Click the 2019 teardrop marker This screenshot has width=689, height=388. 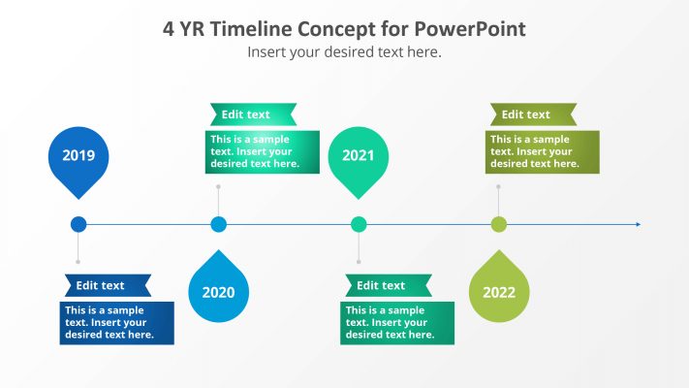[78, 156]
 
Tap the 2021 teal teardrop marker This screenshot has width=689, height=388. [359, 156]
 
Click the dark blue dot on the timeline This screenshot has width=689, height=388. [78, 224]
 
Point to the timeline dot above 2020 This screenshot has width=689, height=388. [219, 224]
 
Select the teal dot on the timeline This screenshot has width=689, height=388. [359, 224]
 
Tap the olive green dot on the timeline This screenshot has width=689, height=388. [499, 224]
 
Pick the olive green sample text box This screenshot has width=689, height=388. [542, 151]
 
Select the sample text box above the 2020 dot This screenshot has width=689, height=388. [262, 151]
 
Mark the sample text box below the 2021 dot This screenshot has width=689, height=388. [397, 323]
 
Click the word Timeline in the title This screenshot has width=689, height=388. [260, 29]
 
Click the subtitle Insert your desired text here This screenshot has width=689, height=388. [344, 52]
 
